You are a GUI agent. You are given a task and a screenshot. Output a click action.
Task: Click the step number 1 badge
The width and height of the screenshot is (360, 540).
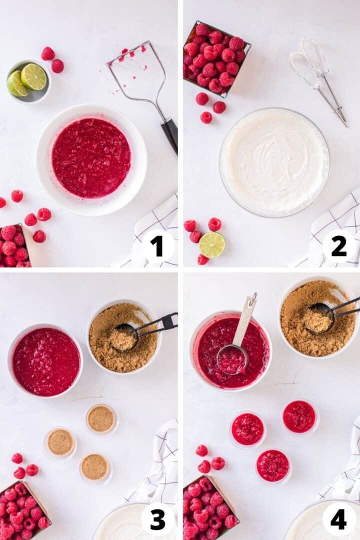pyautogui.click(x=157, y=246)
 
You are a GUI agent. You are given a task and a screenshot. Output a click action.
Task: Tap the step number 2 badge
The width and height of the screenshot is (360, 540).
pyautogui.click(x=338, y=246)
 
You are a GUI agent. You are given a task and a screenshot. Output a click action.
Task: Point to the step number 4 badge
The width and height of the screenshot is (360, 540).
pyautogui.click(x=338, y=519)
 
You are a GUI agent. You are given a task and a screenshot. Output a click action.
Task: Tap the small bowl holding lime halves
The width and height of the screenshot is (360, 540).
pyautogui.click(x=28, y=81)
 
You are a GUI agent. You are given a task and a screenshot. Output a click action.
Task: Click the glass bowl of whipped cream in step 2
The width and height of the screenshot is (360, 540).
pyautogui.click(x=274, y=162)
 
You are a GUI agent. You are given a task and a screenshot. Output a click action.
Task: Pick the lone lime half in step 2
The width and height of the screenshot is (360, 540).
pyautogui.click(x=212, y=244)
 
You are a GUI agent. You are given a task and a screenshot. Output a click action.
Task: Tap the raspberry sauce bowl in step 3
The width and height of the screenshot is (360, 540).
pyautogui.click(x=45, y=361)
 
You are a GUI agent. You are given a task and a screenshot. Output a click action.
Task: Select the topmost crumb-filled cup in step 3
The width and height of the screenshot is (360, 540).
pyautogui.click(x=101, y=418)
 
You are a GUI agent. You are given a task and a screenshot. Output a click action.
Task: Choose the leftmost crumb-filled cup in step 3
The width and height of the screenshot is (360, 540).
pyautogui.click(x=60, y=442)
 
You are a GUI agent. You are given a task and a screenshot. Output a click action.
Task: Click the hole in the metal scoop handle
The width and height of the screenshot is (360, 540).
pyautogui.click(x=252, y=301)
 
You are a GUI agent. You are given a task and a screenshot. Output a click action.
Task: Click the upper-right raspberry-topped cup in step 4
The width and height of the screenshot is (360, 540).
pyautogui.click(x=299, y=416)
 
